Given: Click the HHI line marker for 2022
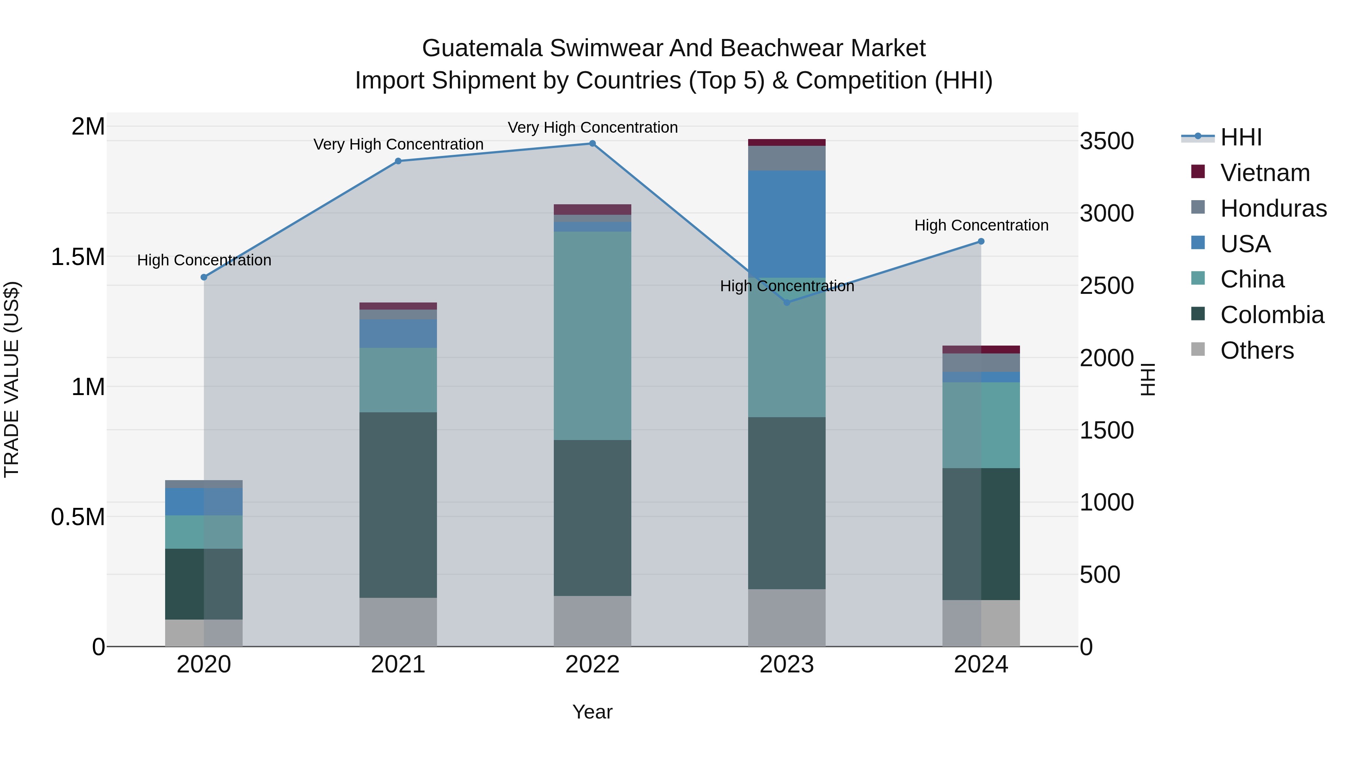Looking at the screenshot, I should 592,144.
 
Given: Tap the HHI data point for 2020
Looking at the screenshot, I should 204,277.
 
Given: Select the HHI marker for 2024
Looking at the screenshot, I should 981,241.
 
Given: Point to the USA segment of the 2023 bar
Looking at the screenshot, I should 786,224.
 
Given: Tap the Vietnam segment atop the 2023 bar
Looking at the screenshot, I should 786,142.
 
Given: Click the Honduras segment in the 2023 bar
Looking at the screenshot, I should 786,158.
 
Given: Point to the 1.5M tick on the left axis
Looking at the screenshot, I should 78,257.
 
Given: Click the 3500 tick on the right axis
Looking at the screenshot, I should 1107,141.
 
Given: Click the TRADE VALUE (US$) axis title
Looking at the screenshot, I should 12,379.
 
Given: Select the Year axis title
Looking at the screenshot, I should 592,712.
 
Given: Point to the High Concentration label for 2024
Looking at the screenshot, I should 981,225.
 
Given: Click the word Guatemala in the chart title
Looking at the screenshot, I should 482,48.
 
